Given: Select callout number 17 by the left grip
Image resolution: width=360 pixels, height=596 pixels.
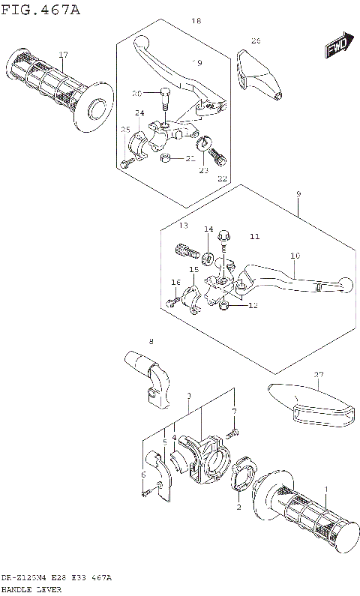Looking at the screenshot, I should (64, 55).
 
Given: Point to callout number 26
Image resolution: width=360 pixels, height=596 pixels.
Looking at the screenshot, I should (256, 40).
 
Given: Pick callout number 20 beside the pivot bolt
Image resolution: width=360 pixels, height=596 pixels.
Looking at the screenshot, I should (136, 94).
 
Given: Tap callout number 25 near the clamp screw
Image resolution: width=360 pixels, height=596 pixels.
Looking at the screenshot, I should (125, 130).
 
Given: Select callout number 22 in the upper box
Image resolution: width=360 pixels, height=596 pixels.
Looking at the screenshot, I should (221, 178).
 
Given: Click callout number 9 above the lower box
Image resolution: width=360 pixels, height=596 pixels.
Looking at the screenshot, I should (298, 194).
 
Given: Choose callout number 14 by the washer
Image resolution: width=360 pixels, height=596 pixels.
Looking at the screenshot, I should (208, 229).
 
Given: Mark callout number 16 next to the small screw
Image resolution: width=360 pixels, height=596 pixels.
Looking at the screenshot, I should (176, 283).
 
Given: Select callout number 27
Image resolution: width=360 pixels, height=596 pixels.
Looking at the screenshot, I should (319, 374).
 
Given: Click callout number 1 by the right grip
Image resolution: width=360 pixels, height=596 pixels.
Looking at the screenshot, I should (325, 489).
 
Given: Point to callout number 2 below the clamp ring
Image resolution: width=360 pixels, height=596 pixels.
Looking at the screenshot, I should (239, 508).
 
